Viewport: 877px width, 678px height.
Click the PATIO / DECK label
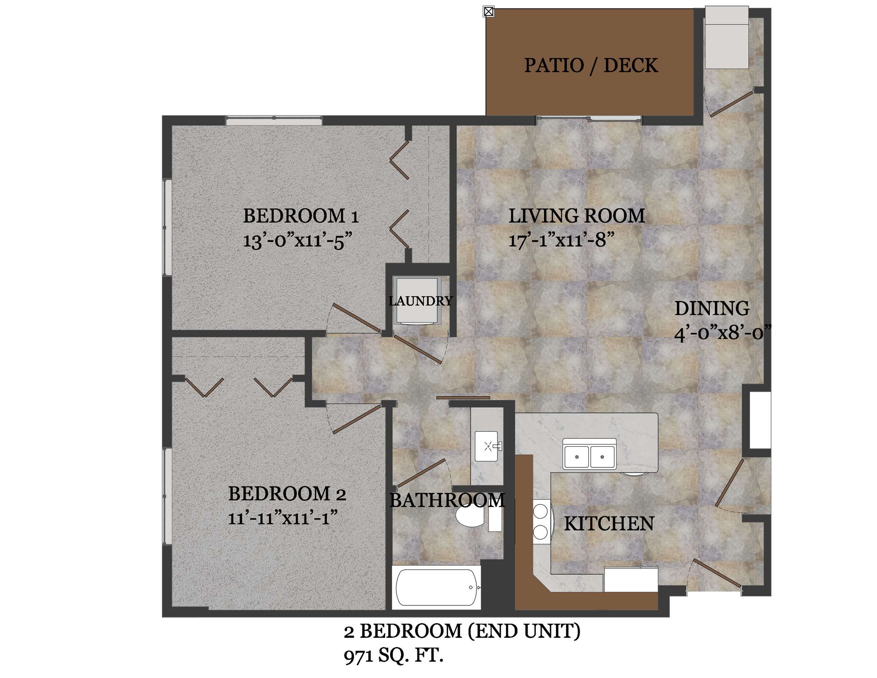click(591, 65)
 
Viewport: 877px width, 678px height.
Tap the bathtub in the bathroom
click(437, 588)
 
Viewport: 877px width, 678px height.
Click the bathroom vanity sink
click(487, 446)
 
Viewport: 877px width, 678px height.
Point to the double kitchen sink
click(589, 456)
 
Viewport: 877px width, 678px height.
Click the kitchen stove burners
click(541, 522)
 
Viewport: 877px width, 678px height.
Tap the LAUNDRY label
click(420, 301)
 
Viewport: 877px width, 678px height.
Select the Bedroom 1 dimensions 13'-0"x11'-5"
click(297, 240)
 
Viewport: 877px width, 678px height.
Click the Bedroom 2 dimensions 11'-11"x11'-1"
click(283, 518)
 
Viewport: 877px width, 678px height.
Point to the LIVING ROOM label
click(576, 216)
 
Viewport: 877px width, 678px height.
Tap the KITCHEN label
click(608, 524)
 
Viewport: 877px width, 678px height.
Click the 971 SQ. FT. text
click(393, 656)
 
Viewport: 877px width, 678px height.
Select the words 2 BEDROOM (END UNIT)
click(462, 631)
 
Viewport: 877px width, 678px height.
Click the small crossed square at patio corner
click(488, 11)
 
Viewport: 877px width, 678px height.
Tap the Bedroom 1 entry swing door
click(357, 318)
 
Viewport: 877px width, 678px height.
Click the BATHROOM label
click(447, 500)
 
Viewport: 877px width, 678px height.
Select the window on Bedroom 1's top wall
click(274, 120)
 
